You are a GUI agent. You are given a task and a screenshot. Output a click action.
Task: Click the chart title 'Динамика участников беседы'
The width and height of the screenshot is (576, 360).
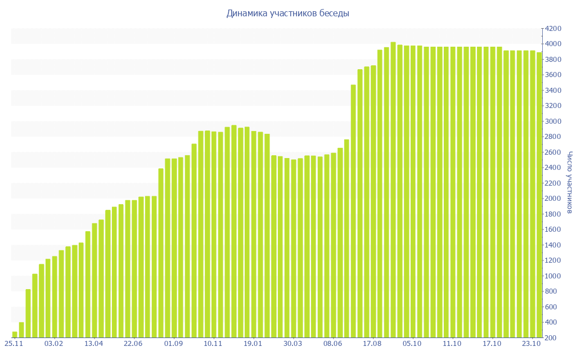(287, 13)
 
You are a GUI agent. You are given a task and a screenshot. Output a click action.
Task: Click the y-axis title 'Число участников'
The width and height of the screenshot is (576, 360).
(569, 182)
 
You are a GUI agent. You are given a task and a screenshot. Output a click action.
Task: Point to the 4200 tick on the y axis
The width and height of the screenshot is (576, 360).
(552, 29)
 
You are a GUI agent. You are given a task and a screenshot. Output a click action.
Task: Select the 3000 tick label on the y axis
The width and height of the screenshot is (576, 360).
(552, 121)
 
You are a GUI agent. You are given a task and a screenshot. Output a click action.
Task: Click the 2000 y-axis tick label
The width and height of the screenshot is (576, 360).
(552, 199)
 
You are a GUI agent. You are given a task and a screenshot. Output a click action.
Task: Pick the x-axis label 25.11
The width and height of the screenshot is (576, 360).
(13, 343)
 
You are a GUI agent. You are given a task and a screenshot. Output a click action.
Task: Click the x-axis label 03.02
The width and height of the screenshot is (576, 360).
(53, 343)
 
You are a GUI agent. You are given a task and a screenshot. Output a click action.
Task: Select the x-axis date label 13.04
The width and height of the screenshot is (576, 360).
(93, 343)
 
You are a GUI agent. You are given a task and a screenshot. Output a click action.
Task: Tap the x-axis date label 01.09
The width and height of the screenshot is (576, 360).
(173, 343)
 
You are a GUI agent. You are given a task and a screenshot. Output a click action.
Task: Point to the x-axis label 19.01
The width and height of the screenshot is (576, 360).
(253, 343)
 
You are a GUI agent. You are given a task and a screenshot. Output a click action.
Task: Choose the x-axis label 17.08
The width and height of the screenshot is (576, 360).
(372, 343)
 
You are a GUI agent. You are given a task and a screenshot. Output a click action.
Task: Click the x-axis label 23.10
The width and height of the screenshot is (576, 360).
(532, 343)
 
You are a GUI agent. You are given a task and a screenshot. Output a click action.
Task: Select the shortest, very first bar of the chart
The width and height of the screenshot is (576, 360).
(15, 335)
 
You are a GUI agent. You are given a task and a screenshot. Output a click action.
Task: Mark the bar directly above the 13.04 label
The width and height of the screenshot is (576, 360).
(94, 281)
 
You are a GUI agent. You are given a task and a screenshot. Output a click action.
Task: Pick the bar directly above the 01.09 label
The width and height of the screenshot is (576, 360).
(174, 248)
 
